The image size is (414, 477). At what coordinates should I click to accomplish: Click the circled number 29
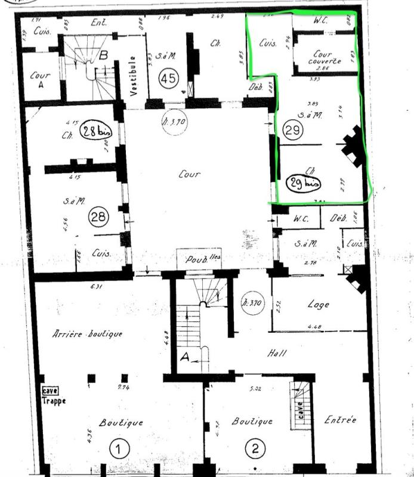[x=292, y=131]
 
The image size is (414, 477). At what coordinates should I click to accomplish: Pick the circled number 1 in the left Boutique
[x=119, y=449]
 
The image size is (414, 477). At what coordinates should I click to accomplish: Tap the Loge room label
[x=319, y=304]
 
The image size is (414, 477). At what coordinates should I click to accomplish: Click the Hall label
[x=276, y=353]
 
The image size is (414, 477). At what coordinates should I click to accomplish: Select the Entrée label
[x=341, y=420]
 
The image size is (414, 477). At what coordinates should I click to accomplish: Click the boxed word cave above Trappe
[x=50, y=391]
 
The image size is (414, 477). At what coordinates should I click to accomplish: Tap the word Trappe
[x=54, y=401]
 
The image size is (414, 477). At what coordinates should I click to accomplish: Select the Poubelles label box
[x=199, y=259]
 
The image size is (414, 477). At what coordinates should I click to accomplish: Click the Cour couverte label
[x=325, y=57]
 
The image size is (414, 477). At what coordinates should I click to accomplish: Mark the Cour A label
[x=40, y=80]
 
